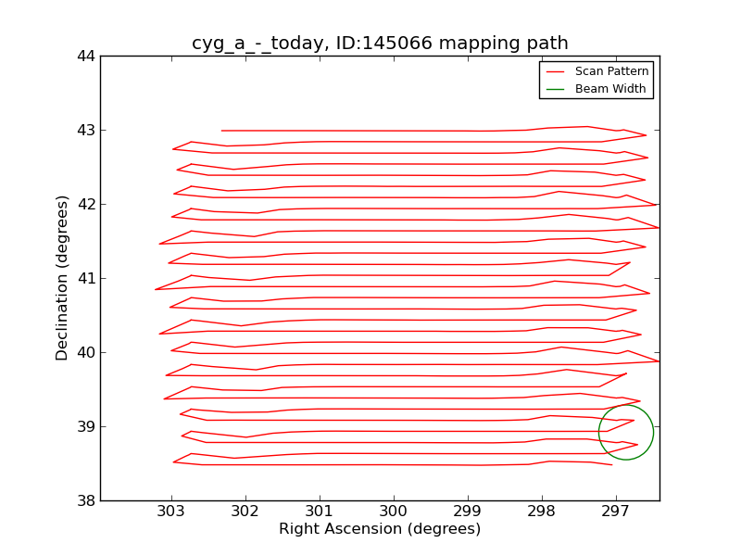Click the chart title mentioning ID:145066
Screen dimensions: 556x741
(380, 44)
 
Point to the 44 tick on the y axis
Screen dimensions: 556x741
(85, 56)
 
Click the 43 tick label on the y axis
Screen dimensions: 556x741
(85, 130)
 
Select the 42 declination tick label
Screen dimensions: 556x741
(85, 204)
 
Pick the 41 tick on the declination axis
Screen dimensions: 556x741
(85, 278)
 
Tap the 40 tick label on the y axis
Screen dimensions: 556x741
(85, 352)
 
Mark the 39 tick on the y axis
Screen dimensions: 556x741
(85, 426)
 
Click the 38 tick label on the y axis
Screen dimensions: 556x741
(85, 500)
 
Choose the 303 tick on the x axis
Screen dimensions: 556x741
(171, 511)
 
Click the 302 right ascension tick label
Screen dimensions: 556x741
(245, 511)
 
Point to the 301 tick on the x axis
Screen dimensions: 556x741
(320, 511)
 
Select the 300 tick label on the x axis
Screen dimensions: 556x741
(394, 511)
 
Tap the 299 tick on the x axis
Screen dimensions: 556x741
(468, 511)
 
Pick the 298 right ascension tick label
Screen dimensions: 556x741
(542, 511)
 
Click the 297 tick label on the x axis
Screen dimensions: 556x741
(616, 511)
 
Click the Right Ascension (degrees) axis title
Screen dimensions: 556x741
(380, 529)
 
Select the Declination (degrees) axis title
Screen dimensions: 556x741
(62, 278)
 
